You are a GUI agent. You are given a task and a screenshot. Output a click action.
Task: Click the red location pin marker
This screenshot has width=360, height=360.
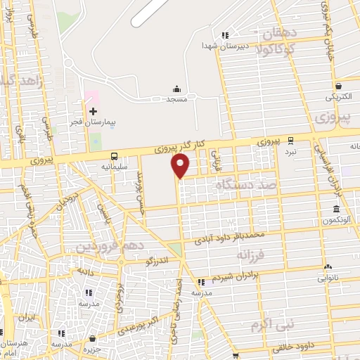coord(181,167)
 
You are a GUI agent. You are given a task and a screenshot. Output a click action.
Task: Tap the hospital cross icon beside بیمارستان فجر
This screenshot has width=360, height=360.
coord(93,111)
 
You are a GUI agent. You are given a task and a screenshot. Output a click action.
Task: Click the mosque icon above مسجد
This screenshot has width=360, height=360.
coord(176,89)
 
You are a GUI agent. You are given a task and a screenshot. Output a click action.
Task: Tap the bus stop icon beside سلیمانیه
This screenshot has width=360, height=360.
coord(114,157)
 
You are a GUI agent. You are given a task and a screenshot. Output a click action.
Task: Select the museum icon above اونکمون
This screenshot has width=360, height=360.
coord(337,209)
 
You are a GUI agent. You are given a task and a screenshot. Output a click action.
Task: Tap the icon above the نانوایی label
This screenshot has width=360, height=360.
coord(328,266)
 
